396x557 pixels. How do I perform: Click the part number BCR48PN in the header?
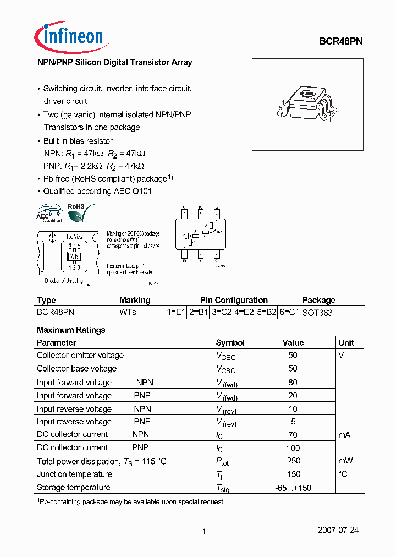click(x=340, y=41)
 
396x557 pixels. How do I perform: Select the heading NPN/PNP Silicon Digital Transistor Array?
click(x=114, y=62)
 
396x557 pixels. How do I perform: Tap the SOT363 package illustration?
click(x=308, y=104)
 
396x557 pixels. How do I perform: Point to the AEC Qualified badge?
click(x=50, y=214)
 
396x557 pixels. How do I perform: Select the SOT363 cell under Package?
click(x=317, y=312)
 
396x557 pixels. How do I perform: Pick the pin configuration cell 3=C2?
click(x=221, y=312)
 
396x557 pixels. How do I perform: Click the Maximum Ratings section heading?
click(x=71, y=330)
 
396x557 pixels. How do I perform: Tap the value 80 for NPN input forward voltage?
click(x=293, y=383)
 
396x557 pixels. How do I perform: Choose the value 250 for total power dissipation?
click(x=293, y=461)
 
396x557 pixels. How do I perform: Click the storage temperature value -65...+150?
click(x=293, y=487)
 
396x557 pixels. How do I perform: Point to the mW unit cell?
click(x=346, y=461)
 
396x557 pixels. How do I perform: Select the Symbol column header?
click(x=230, y=342)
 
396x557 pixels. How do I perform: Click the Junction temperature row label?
click(x=74, y=474)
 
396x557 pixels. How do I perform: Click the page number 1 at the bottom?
click(x=204, y=531)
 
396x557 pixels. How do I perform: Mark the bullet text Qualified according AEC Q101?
click(x=97, y=191)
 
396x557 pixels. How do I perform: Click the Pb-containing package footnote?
click(x=130, y=501)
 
